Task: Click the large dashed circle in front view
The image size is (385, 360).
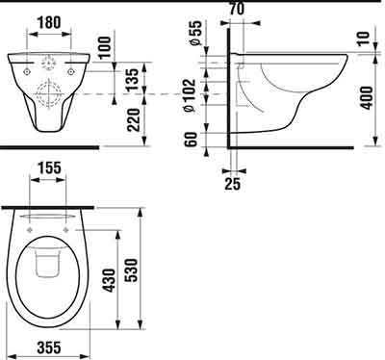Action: [47, 96]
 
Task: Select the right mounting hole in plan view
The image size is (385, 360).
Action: [67, 232]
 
